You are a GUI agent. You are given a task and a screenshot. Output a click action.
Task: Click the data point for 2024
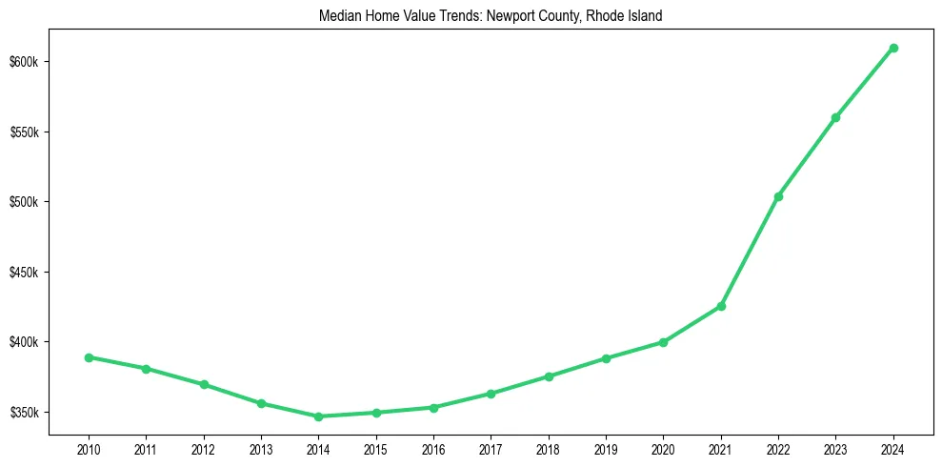[893, 48]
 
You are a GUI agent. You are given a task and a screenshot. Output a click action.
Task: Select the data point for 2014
[318, 416]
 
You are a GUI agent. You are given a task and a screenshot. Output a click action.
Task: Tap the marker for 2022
[778, 196]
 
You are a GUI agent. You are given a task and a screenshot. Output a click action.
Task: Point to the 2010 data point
[89, 357]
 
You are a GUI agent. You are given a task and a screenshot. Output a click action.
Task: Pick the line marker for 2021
[721, 306]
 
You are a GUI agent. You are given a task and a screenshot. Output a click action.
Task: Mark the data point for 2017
[491, 394]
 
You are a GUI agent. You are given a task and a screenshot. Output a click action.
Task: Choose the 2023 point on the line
[835, 117]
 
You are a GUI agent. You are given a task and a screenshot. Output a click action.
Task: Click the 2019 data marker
[606, 358]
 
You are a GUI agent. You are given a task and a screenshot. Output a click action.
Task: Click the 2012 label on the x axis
[203, 448]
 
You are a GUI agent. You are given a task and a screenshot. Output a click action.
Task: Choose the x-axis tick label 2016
[433, 448]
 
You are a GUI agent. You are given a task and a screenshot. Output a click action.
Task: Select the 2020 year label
[663, 448]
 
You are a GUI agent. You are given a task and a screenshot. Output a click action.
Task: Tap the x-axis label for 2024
[893, 448]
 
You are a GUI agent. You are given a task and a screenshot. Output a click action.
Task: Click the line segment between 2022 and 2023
[807, 157]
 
